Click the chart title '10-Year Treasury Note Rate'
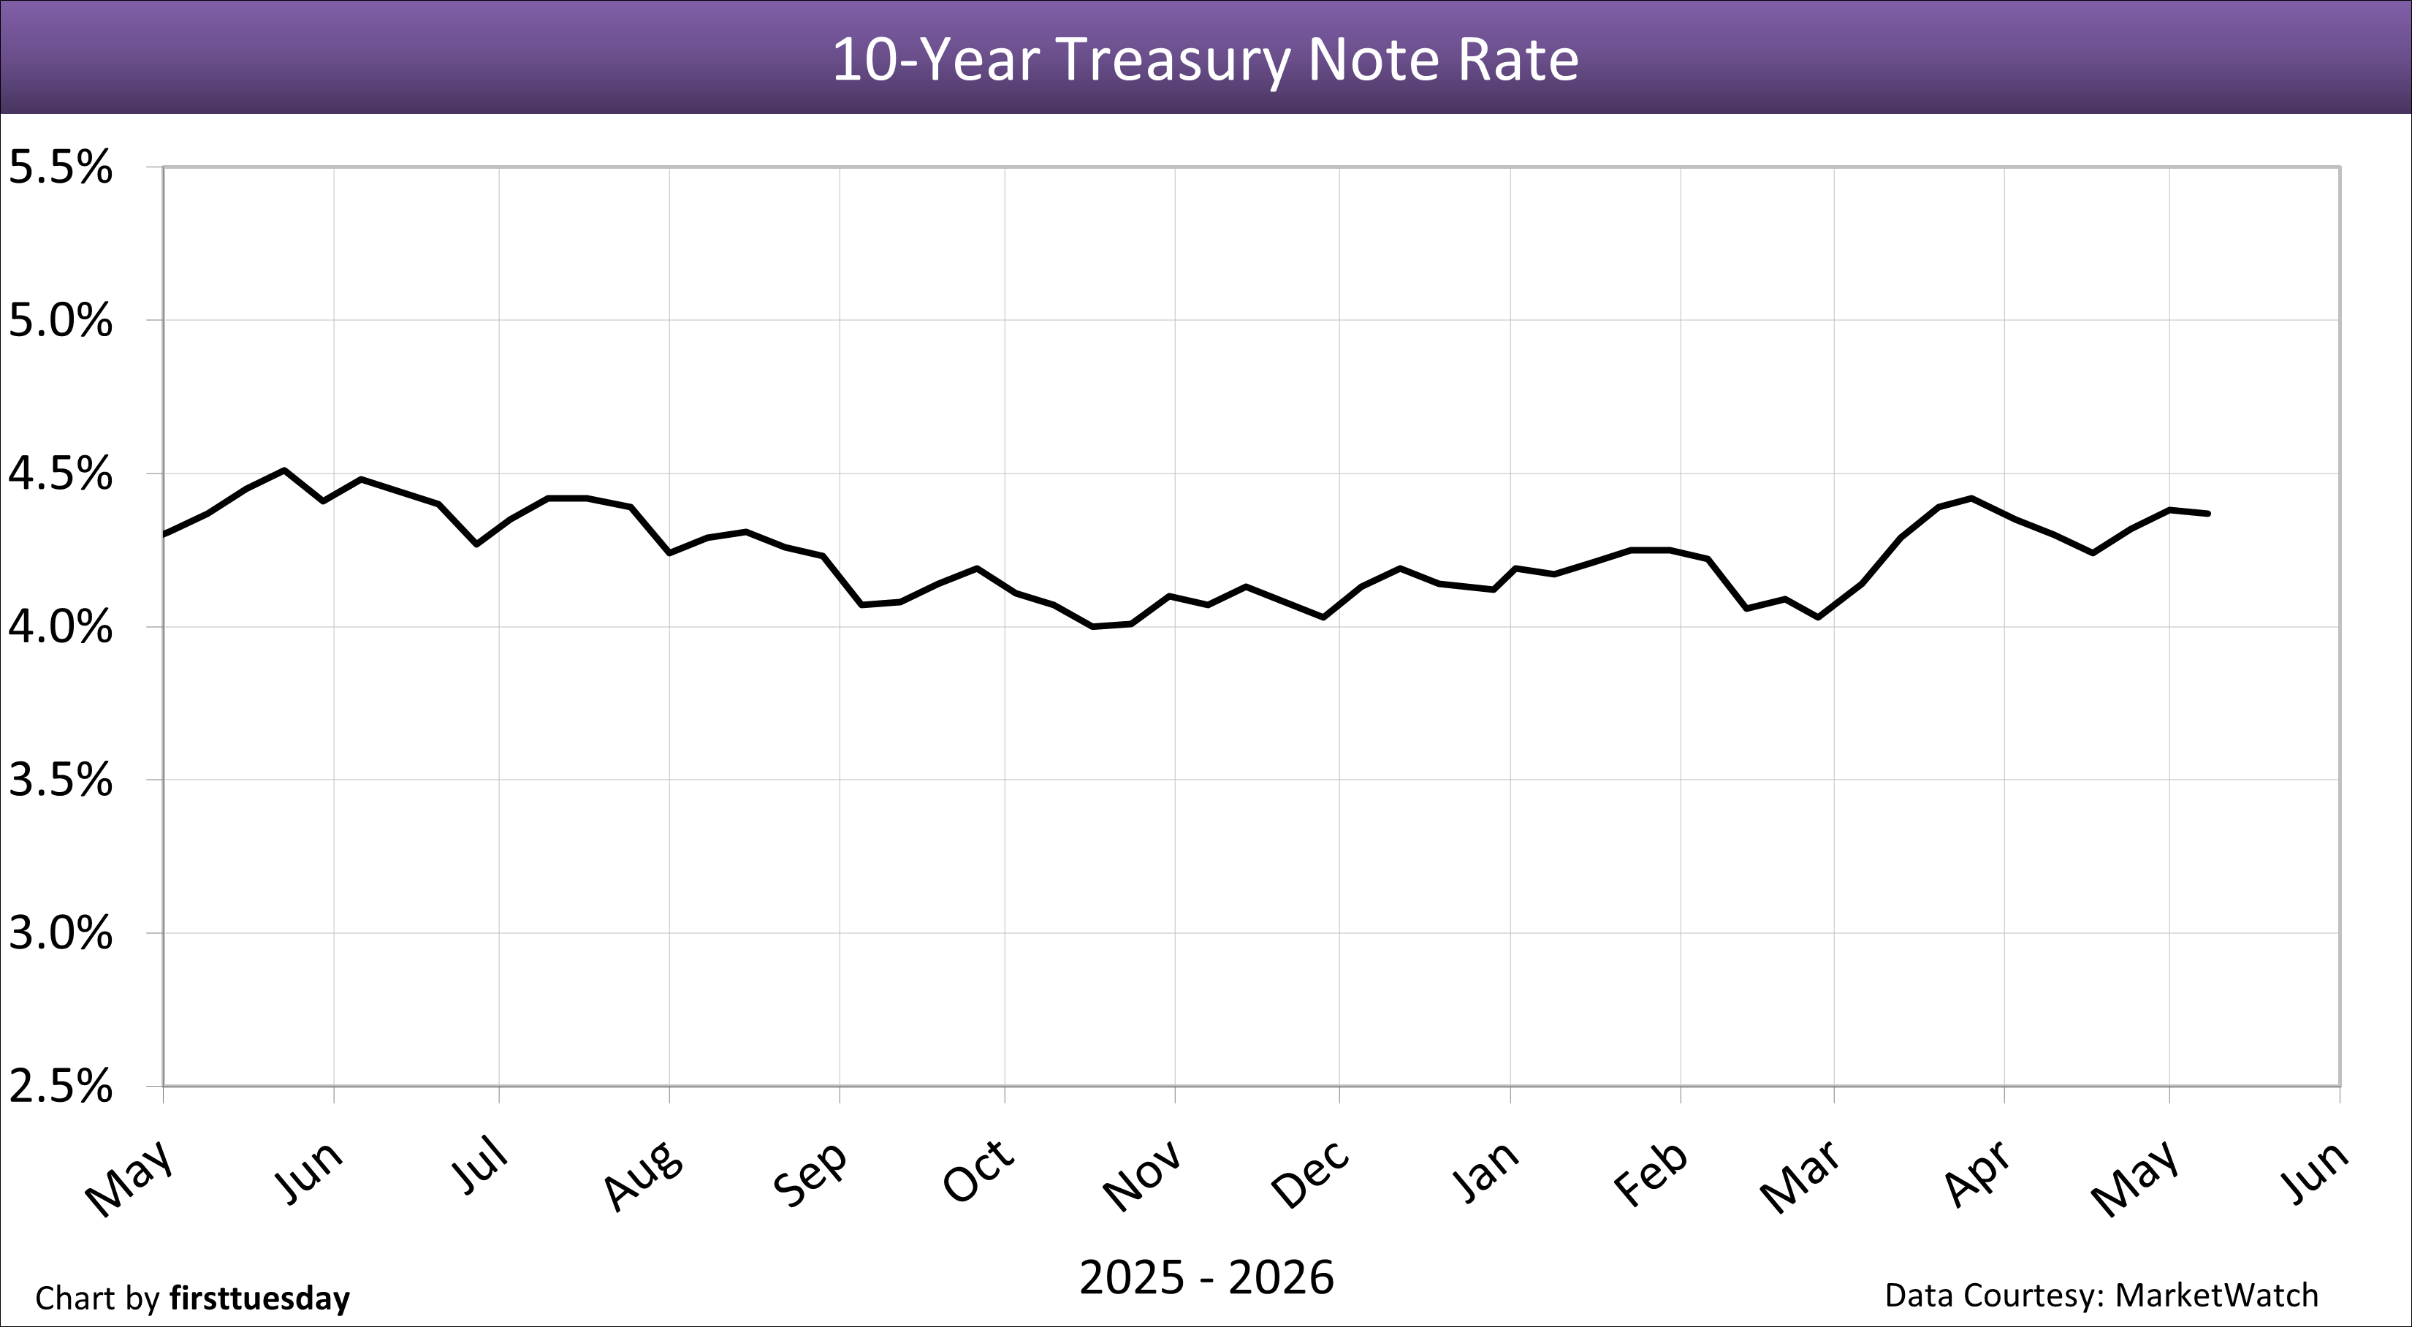tap(1205, 60)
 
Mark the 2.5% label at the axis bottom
tap(60, 1087)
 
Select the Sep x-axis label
tap(811, 1174)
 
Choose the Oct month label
tap(978, 1171)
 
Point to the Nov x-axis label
tap(1142, 1176)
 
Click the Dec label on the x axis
tap(1311, 1174)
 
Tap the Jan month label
tap(1486, 1171)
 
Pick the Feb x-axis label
tap(1651, 1174)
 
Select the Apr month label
tap(1977, 1173)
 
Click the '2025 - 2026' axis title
tap(1206, 1277)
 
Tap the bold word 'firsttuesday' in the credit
tap(259, 1298)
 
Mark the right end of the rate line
tap(2209, 513)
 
